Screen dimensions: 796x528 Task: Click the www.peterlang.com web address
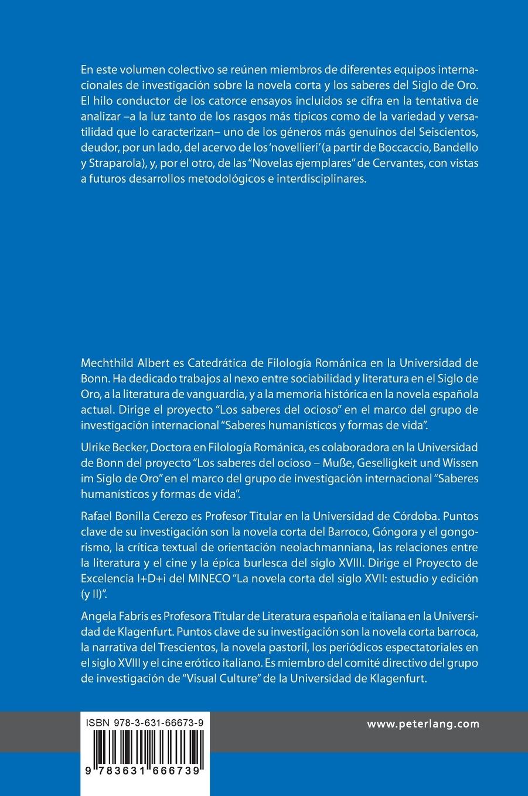(423, 724)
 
